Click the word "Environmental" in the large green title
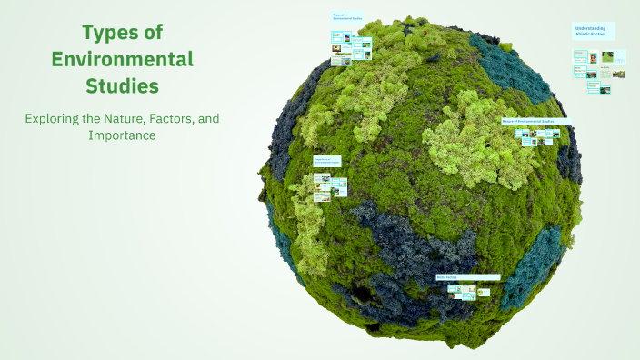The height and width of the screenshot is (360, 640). (x=123, y=60)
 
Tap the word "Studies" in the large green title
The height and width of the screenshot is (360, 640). (x=122, y=87)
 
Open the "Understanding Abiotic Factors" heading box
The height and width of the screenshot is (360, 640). (x=593, y=31)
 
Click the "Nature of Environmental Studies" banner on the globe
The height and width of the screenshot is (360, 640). (x=535, y=121)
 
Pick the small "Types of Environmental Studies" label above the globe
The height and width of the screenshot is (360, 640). (x=346, y=17)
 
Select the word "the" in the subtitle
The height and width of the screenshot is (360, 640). (x=95, y=119)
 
